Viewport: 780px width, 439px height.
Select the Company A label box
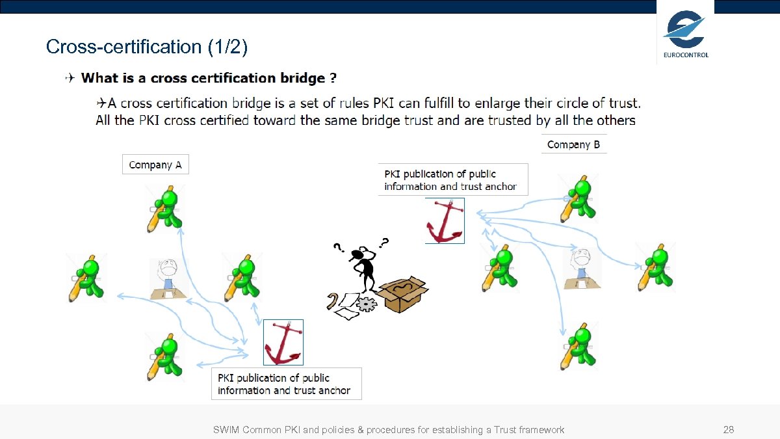coord(155,165)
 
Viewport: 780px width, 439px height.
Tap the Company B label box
coord(573,144)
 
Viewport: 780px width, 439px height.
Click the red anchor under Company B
coord(445,221)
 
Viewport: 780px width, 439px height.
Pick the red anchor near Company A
coord(283,342)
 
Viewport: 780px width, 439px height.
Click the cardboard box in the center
coord(403,294)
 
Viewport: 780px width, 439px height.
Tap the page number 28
coord(729,430)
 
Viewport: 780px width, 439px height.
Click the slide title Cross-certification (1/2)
coord(147,47)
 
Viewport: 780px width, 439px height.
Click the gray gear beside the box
coord(367,303)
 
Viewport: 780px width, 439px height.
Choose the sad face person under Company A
coord(168,278)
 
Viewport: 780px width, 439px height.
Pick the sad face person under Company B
coord(582,267)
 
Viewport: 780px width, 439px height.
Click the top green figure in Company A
coord(166,209)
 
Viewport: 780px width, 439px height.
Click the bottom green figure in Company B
coord(578,345)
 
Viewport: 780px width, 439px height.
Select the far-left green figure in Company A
coord(87,278)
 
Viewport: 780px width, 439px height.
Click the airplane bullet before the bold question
coord(70,79)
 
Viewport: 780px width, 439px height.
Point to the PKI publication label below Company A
coord(286,384)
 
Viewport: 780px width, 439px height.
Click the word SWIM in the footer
coord(226,430)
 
